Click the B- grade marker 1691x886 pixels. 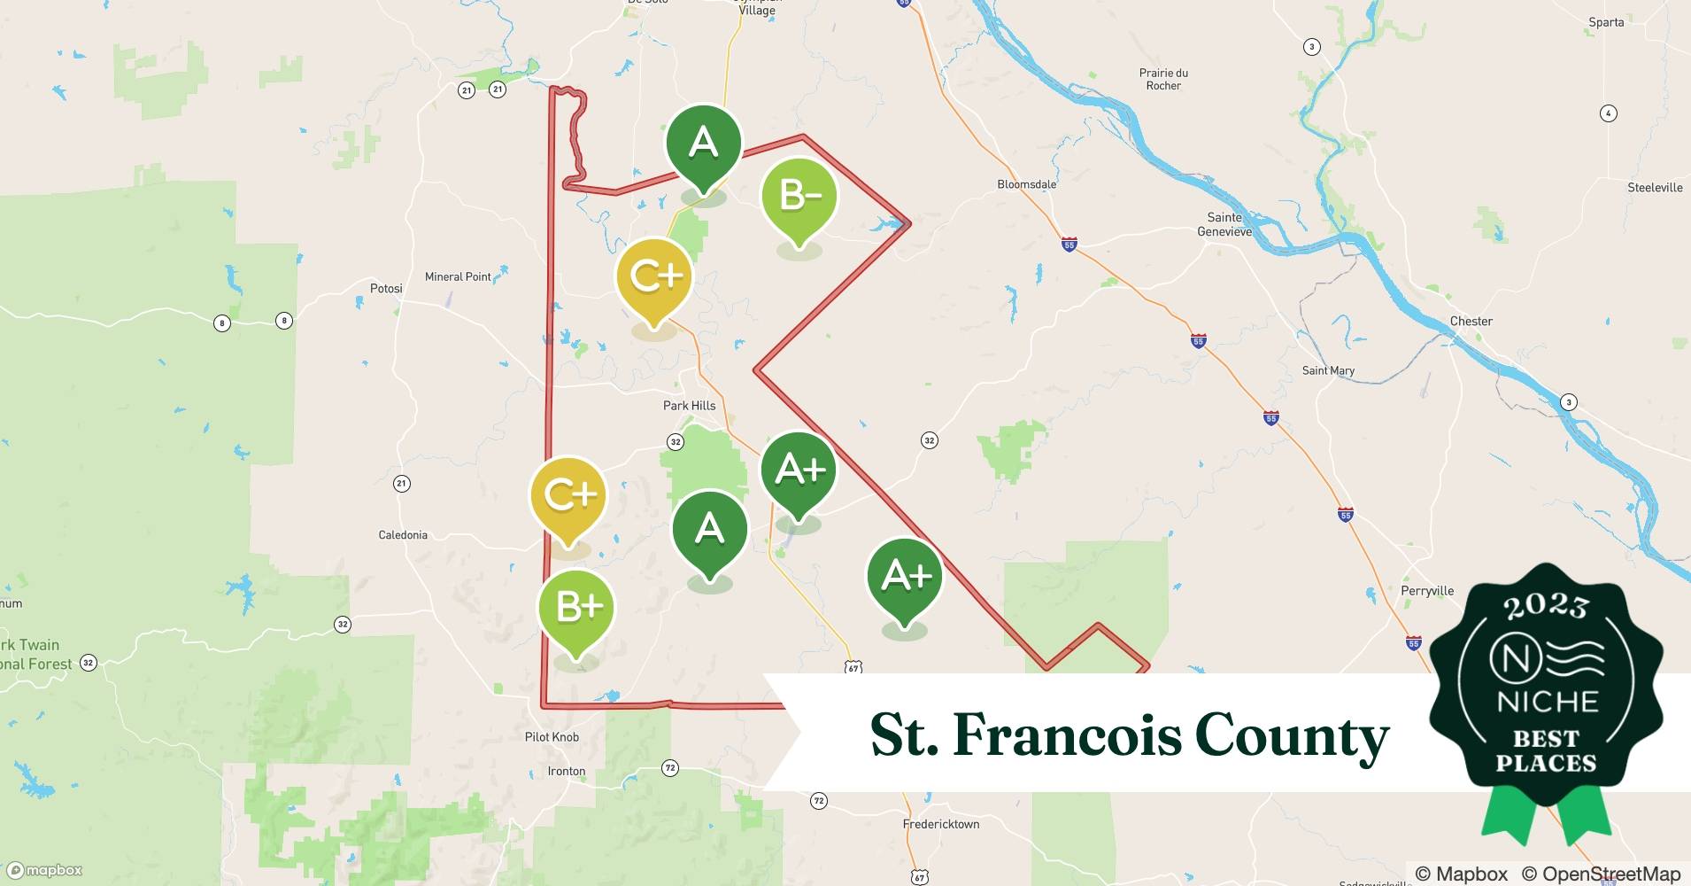799,197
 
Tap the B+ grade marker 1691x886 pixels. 576,609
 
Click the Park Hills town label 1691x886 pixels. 689,406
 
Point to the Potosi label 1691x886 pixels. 386,289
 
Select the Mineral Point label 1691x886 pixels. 458,276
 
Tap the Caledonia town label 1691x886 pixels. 403,535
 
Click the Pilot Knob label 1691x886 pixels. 552,737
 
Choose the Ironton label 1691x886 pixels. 567,771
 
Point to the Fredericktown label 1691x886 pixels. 941,824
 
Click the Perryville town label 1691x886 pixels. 1427,591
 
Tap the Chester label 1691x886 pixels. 1471,322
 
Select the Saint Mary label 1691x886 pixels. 1328,371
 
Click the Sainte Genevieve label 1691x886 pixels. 1224,224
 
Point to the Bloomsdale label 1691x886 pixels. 1027,184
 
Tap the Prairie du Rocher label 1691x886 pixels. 1163,80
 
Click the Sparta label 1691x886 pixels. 1606,22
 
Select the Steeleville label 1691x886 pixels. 1655,188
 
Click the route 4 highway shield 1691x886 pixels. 1609,113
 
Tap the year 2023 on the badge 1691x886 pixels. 1546,607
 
